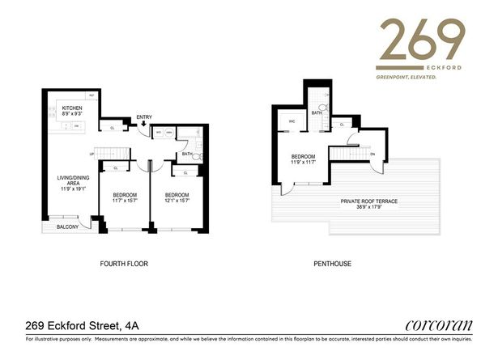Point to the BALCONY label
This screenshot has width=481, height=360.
pos(68,227)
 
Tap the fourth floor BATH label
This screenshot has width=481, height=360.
pos(186,153)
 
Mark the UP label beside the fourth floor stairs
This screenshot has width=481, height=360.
pos(92,153)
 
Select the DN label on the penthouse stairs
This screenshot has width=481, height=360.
pos(372,154)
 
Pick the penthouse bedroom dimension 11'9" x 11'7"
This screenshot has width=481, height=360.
pos(304,164)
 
